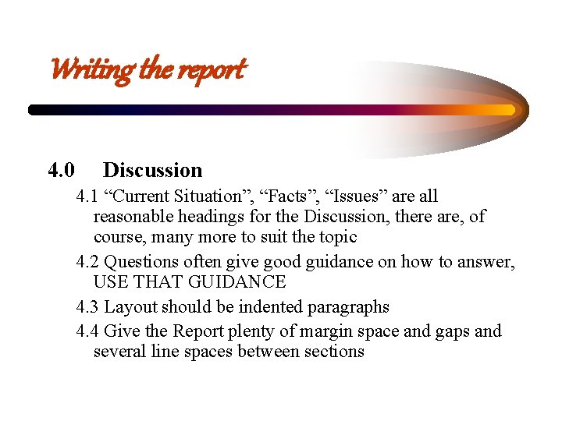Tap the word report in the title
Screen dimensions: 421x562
pyautogui.click(x=212, y=70)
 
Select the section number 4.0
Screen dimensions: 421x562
pyautogui.click(x=62, y=170)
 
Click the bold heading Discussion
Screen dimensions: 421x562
pyautogui.click(x=152, y=170)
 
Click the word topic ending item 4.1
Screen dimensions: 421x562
pyautogui.click(x=336, y=237)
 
